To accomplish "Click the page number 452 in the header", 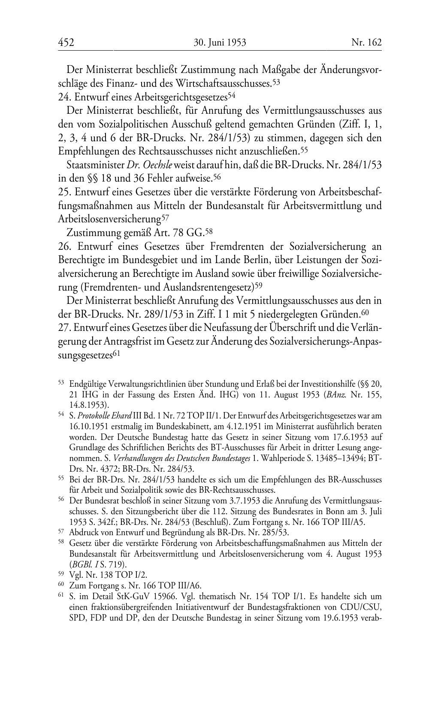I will (x=66, y=42).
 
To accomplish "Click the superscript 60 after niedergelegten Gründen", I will (x=365, y=312).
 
